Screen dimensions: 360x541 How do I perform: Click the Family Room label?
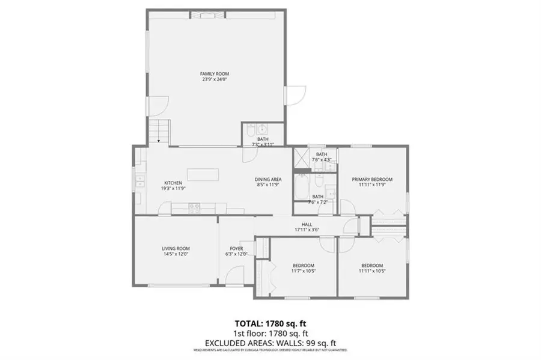pyautogui.click(x=215, y=74)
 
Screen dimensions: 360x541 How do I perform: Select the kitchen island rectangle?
pyautogui.click(x=203, y=175)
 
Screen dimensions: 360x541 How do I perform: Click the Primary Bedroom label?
pyautogui.click(x=372, y=179)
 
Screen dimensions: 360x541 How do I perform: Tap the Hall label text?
pyautogui.click(x=307, y=224)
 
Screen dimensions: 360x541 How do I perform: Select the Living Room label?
pyautogui.click(x=176, y=248)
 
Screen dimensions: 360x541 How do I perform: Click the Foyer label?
pyautogui.click(x=236, y=248)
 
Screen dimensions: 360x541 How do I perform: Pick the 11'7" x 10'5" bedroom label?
pyautogui.click(x=303, y=265)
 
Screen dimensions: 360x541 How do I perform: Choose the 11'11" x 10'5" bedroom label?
pyautogui.click(x=372, y=265)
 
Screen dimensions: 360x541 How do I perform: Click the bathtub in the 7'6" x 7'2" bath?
pyautogui.click(x=301, y=188)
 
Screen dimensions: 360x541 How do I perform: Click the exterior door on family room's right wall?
pyautogui.click(x=295, y=95)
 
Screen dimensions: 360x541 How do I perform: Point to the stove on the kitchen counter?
pyautogui.click(x=194, y=207)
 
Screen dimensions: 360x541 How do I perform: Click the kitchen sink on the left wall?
pyautogui.click(x=139, y=178)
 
